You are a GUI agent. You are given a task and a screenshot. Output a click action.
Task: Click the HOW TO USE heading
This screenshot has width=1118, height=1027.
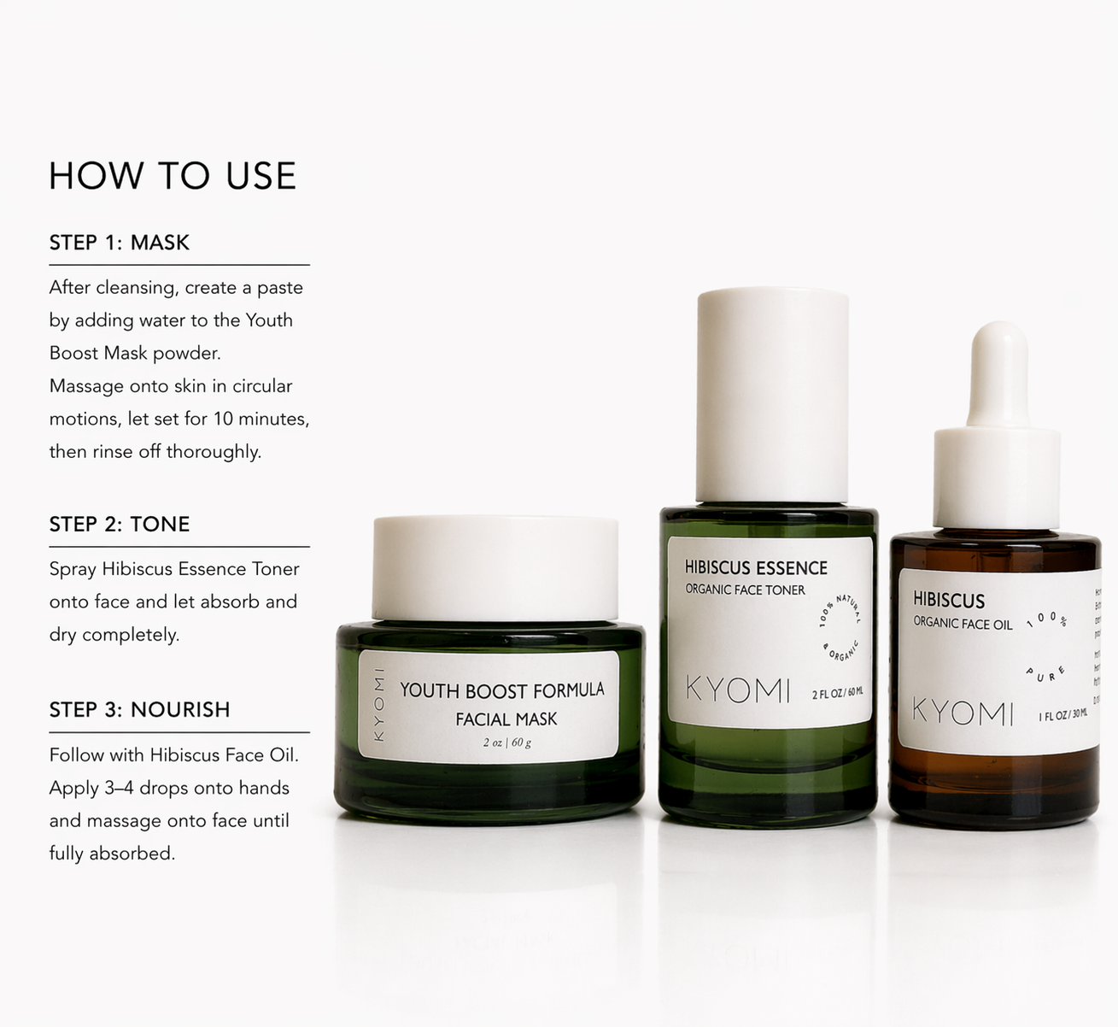(173, 176)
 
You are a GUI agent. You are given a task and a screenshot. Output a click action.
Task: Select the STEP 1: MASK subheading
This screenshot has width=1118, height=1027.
(120, 243)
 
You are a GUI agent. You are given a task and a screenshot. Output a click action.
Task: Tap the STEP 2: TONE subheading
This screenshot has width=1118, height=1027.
(120, 524)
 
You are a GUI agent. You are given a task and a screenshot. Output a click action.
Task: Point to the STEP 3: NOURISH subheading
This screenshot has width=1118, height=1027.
(139, 710)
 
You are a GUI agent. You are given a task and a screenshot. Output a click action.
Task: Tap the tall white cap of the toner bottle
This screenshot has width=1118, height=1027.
(773, 393)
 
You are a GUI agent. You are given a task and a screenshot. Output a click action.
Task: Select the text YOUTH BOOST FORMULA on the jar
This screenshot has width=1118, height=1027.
(501, 690)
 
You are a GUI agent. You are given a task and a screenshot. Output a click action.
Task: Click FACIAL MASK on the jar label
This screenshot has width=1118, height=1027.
(506, 719)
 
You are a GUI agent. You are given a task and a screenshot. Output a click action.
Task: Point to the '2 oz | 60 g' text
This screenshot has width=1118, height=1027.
(506, 742)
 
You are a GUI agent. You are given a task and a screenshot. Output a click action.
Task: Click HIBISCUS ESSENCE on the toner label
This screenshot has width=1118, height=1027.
(756, 568)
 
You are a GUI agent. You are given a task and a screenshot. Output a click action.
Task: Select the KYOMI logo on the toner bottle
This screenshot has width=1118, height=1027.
(738, 690)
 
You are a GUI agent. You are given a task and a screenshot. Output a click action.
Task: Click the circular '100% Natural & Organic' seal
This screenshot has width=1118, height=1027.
(840, 627)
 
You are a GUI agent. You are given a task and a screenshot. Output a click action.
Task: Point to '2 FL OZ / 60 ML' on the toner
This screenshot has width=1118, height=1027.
(837, 694)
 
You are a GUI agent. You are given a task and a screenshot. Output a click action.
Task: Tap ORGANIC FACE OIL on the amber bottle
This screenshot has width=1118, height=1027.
(963, 624)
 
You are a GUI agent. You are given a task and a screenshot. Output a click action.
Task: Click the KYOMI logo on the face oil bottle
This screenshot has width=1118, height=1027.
(963, 711)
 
